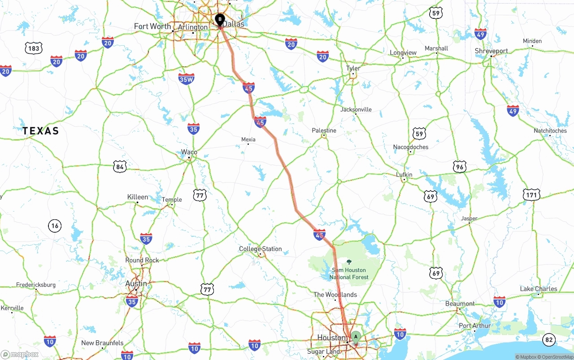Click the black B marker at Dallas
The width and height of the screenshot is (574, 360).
(220, 20)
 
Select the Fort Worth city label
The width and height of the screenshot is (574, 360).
(152, 26)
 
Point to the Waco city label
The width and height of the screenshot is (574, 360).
(189, 152)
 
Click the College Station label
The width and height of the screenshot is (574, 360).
(260, 249)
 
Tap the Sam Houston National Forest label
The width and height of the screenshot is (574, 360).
(349, 273)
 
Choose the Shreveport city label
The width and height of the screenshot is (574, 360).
(491, 51)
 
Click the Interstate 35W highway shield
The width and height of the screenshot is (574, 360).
(186, 79)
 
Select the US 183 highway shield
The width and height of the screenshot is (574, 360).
(34, 48)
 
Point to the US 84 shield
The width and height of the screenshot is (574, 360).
(119, 167)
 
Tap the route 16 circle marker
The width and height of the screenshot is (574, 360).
(55, 226)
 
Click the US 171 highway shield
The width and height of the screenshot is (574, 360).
(531, 195)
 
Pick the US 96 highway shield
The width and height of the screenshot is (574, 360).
(459, 167)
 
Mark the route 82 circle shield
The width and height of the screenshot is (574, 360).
(548, 340)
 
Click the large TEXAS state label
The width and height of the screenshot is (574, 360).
(41, 131)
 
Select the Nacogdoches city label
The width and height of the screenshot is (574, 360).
(410, 147)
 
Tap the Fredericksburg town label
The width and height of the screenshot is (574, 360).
(36, 285)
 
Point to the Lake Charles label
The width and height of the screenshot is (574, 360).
(539, 289)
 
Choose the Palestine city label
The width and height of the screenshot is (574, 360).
(324, 130)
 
